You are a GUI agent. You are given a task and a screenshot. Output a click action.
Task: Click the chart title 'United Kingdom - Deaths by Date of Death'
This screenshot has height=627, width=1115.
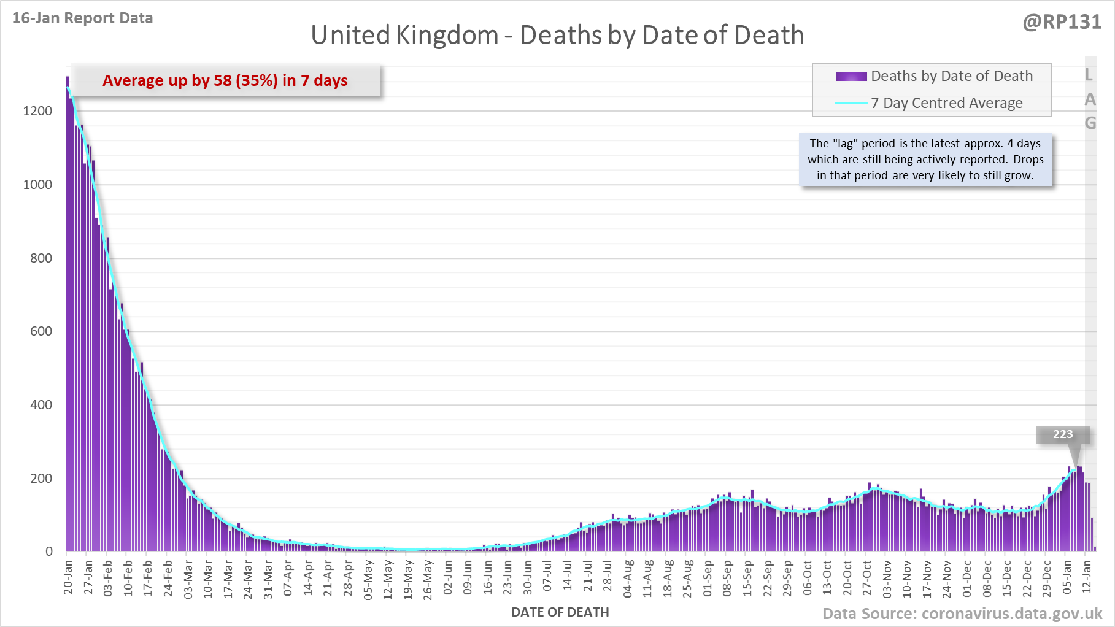point(557,35)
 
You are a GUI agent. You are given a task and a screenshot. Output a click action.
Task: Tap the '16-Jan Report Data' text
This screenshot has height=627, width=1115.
point(82,18)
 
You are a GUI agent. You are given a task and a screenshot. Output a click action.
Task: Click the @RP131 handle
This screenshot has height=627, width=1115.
point(1062,22)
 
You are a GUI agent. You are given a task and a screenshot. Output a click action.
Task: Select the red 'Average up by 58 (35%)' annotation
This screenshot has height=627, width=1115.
point(225,80)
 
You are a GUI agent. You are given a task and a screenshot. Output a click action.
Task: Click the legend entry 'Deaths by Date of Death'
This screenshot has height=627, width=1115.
point(951,76)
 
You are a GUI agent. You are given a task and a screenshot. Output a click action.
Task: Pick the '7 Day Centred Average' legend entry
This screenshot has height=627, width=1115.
point(946,103)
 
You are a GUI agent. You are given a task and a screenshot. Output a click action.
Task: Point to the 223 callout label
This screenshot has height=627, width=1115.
point(1063,434)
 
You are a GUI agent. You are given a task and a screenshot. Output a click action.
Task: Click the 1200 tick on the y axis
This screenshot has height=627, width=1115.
point(37,111)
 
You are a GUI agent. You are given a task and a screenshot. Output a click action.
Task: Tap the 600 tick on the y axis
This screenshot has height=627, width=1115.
point(41,331)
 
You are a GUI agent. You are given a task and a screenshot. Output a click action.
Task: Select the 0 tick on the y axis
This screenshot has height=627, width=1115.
point(49,552)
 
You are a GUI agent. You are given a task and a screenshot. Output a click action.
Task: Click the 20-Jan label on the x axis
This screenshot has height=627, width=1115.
point(68,577)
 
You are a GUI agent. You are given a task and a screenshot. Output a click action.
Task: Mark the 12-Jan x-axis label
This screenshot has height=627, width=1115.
point(1087,577)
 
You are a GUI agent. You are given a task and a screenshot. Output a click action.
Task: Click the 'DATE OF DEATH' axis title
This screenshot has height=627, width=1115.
point(560,612)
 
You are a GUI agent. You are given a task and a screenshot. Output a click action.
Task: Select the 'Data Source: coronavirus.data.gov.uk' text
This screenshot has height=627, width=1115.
point(962,614)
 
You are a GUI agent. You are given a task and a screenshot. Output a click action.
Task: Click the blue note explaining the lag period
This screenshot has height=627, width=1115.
point(925,159)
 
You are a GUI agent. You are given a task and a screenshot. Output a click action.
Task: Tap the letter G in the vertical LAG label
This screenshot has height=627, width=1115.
point(1090,123)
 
